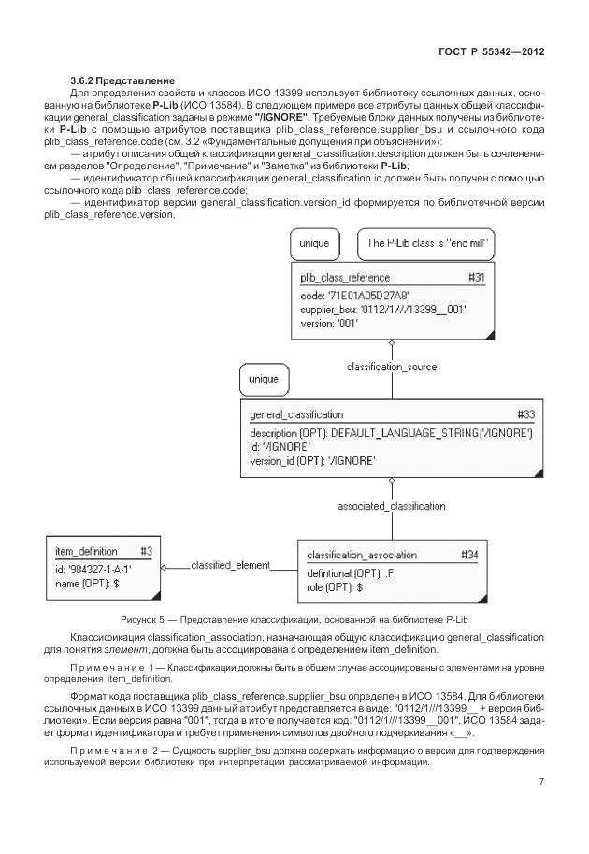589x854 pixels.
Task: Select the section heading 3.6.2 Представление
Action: (122, 81)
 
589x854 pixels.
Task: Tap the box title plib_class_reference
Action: (345, 278)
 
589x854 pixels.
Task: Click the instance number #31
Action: (476, 278)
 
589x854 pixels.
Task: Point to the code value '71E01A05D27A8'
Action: (359, 296)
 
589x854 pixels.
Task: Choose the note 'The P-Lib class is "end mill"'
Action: (428, 243)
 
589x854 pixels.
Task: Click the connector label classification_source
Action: (392, 367)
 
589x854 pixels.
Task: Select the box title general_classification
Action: (295, 414)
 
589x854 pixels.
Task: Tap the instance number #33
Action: (526, 414)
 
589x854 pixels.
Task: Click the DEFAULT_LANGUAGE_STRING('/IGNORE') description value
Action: (431, 433)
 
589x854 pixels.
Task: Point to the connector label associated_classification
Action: (391, 506)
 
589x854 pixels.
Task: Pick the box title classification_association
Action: (362, 555)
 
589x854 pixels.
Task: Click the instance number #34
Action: (470, 555)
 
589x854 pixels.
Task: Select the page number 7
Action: (541, 783)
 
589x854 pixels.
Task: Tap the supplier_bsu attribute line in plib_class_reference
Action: (383, 309)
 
